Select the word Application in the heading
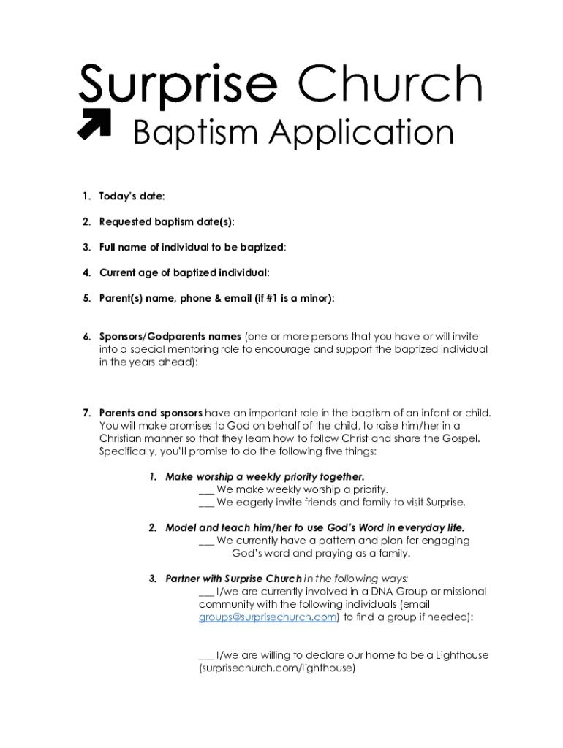pyautogui.click(x=362, y=134)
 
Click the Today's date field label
pyautogui.click(x=132, y=196)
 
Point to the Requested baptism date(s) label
pyautogui.click(x=167, y=221)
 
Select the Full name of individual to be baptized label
pyautogui.click(x=192, y=247)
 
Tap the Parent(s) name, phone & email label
pyautogui.click(x=216, y=298)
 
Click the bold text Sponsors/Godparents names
pyautogui.click(x=170, y=337)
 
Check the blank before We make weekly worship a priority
pyautogui.click(x=205, y=489)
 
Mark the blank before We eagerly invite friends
pyautogui.click(x=205, y=503)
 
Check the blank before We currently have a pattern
pyautogui.click(x=205, y=541)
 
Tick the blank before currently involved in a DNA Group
pyautogui.click(x=205, y=592)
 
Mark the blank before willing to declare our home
pyautogui.click(x=205, y=655)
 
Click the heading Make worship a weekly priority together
pyautogui.click(x=265, y=477)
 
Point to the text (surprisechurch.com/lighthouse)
pyautogui.click(x=276, y=668)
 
